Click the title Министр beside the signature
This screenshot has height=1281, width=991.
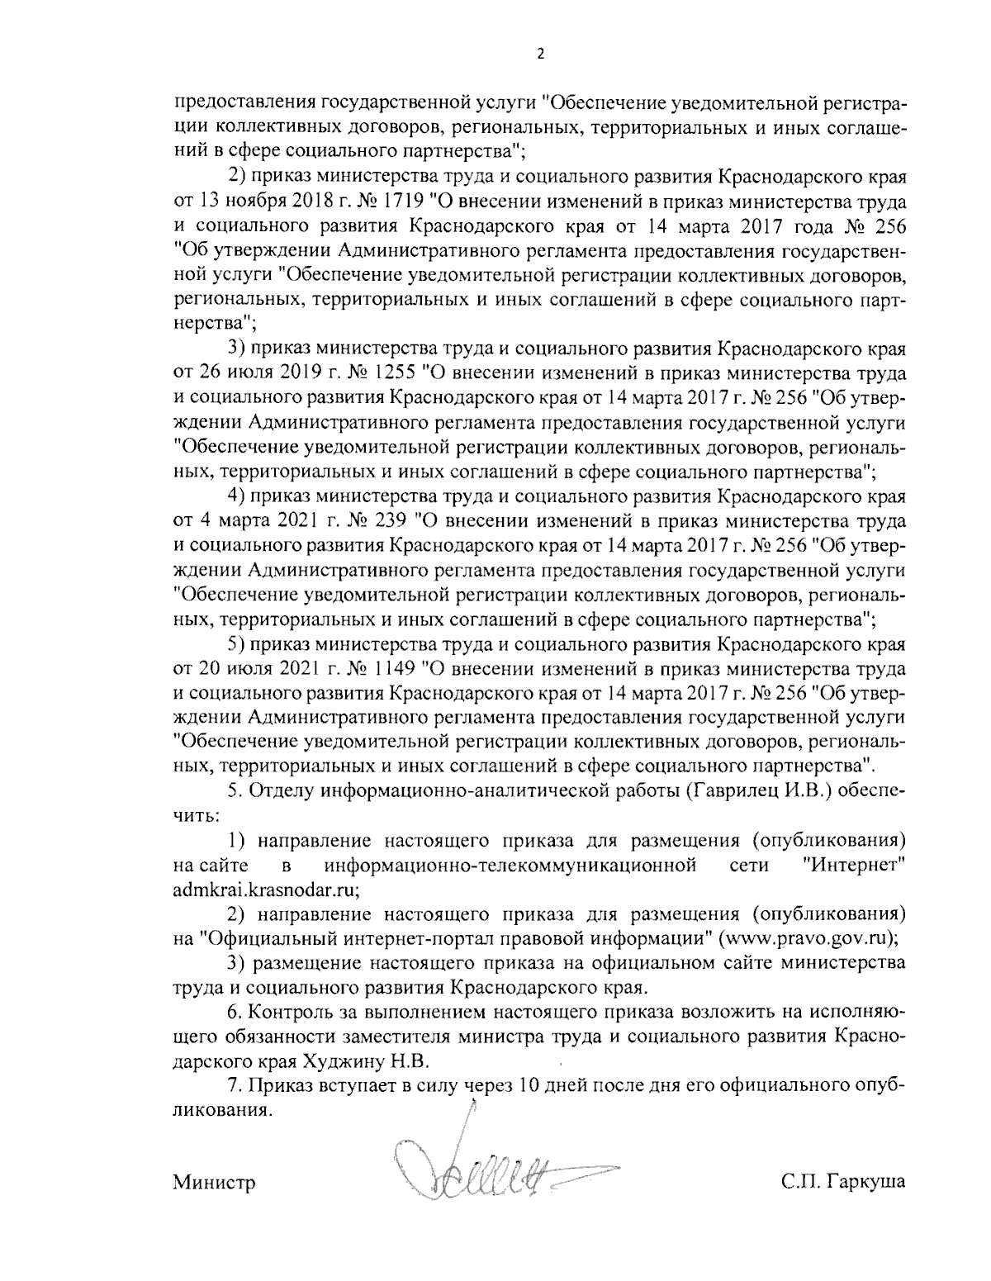(x=214, y=1182)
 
